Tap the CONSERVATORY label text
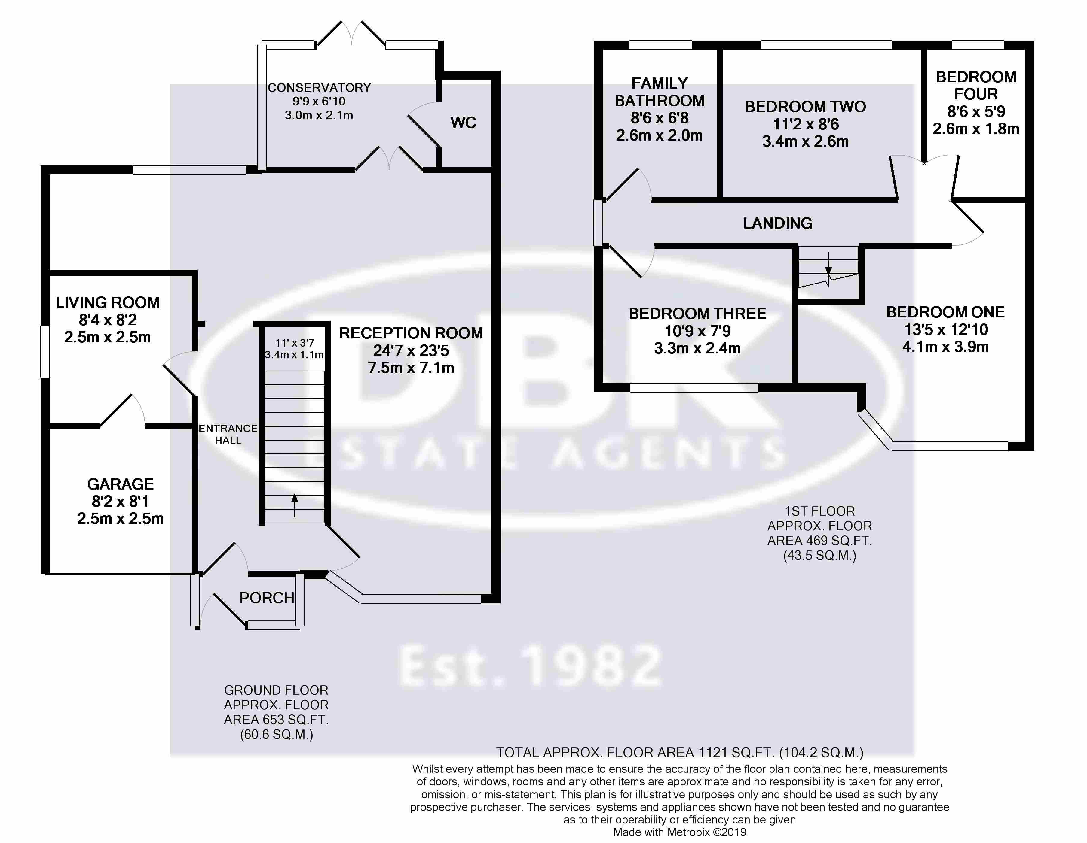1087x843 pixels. (319, 87)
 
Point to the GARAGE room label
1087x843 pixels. (121, 484)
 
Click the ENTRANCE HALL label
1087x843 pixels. (228, 434)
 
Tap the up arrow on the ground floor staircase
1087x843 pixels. (295, 505)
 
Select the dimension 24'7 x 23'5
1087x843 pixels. (411, 351)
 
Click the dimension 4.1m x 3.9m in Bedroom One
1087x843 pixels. (946, 347)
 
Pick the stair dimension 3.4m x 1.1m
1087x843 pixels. (294, 355)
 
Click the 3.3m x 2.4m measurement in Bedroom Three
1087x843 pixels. (697, 348)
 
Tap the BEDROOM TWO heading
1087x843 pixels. (805, 106)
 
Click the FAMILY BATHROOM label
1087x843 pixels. (660, 92)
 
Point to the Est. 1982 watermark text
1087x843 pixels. (531, 666)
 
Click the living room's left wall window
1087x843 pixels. (45, 351)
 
